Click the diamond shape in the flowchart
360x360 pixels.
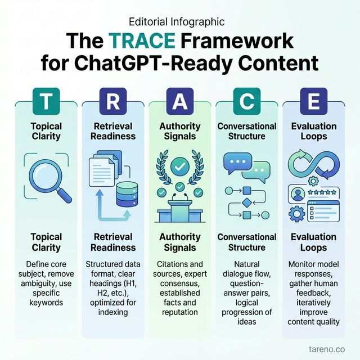246,202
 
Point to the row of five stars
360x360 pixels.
323,192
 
